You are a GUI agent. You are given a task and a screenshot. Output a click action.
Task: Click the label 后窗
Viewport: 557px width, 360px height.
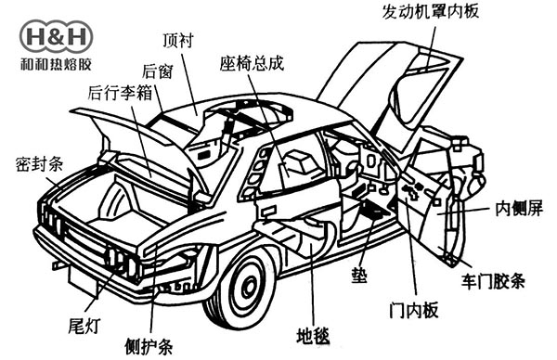pyautogui.click(x=156, y=70)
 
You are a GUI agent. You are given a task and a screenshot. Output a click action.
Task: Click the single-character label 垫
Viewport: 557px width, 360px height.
pyautogui.click(x=357, y=276)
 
